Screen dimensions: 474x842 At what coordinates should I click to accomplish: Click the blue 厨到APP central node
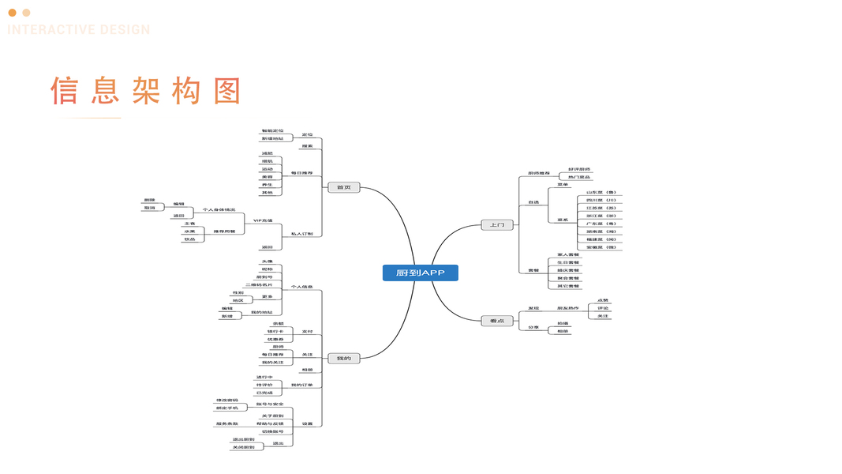point(420,273)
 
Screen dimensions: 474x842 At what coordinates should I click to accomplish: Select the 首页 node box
point(343,187)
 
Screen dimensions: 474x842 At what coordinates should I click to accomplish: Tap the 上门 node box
point(497,225)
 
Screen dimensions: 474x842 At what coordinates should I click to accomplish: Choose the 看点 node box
point(497,321)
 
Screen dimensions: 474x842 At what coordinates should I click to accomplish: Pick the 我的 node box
point(343,358)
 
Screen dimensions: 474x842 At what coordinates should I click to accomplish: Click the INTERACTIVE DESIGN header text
point(79,30)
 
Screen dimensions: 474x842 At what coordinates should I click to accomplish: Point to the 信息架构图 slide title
point(146,91)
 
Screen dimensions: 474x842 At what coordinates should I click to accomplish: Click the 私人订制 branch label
point(301,234)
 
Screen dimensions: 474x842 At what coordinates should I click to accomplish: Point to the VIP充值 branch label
point(262,220)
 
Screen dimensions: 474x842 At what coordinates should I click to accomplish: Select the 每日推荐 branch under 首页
point(301,172)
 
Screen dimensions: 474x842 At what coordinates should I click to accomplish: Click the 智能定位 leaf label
point(272,130)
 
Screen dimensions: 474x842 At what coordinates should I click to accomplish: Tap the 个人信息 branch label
point(301,287)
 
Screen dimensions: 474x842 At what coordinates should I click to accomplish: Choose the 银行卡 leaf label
point(275,330)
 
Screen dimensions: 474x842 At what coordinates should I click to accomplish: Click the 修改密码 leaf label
point(227,401)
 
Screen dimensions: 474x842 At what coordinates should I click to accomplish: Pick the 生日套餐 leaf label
point(568,262)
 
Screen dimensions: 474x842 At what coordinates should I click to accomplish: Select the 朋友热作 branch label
point(567,308)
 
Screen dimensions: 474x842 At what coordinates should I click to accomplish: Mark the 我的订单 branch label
point(301,385)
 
